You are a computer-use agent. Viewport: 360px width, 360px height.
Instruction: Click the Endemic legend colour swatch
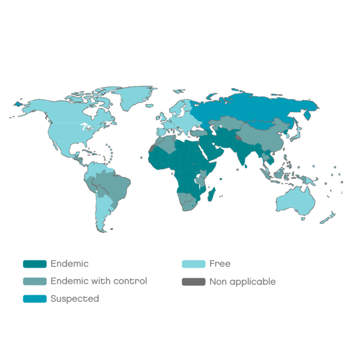click(34, 264)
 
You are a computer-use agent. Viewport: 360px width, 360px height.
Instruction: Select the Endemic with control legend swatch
click(34, 281)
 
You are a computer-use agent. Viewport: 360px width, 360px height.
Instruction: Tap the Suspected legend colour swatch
click(34, 299)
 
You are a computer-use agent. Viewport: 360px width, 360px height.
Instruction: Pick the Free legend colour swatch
click(193, 264)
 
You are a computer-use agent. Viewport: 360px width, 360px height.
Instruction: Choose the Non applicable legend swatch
click(193, 281)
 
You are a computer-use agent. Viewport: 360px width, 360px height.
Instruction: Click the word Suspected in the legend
click(75, 299)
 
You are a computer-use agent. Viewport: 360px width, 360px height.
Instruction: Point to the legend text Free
click(220, 264)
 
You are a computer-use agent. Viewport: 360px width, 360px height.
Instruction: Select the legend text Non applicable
click(242, 281)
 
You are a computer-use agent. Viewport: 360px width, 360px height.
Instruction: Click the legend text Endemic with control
click(99, 281)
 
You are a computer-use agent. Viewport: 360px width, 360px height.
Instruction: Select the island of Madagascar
click(212, 194)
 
